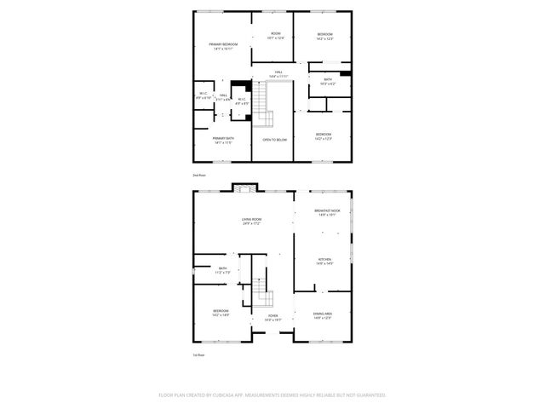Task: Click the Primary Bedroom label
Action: click(223, 46)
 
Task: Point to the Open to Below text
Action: click(273, 139)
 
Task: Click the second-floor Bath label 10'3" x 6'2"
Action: click(328, 81)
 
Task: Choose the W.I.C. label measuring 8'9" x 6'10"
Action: click(204, 95)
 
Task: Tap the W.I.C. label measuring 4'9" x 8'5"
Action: click(241, 101)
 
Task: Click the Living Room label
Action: click(250, 222)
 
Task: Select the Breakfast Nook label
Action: click(327, 212)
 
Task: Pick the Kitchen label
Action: click(325, 261)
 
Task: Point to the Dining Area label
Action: click(323, 316)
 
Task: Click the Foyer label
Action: click(272, 318)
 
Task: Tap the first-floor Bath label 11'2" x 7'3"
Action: click(222, 270)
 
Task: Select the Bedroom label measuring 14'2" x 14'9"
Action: click(221, 314)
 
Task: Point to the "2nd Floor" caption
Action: click(199, 174)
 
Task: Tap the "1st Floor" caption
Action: click(199, 356)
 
